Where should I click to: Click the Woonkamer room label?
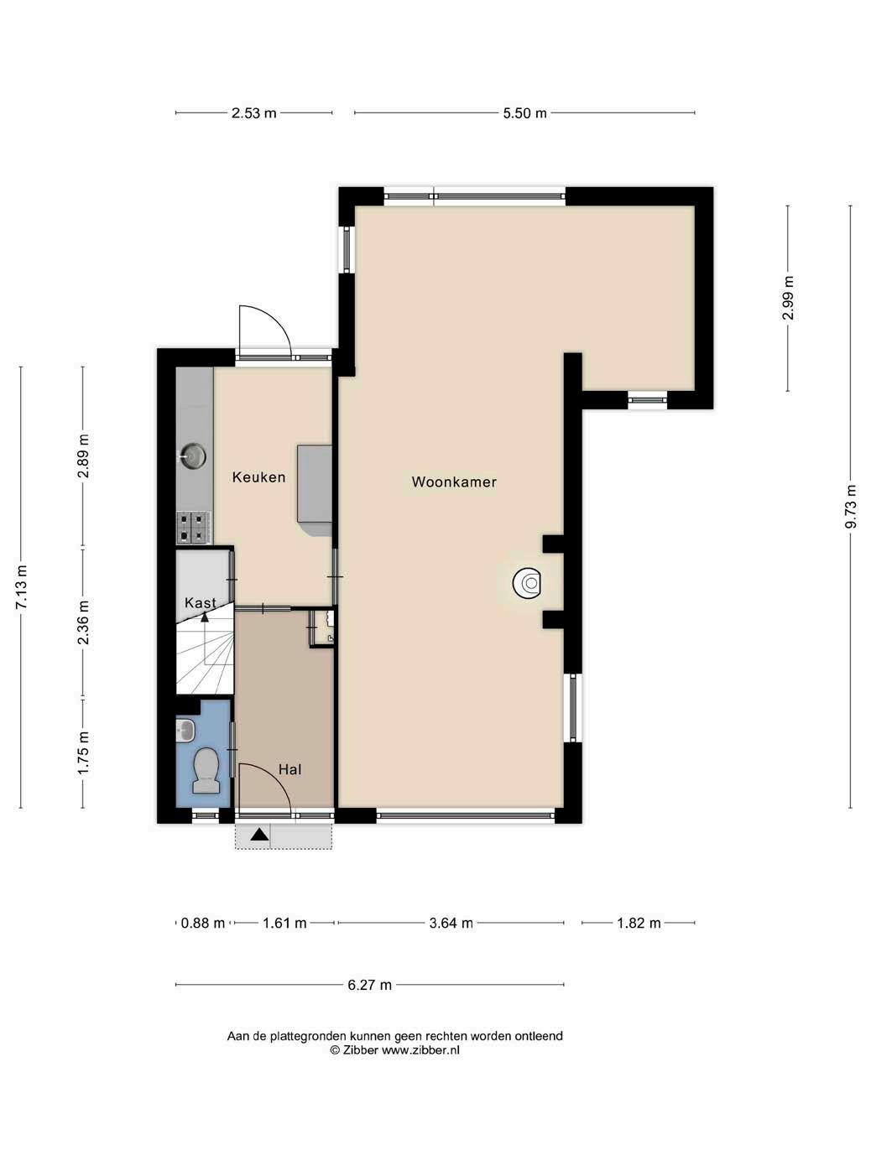point(454,482)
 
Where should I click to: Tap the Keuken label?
point(258,477)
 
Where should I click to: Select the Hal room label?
point(289,769)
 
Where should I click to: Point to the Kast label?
point(201,602)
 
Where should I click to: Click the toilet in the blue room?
point(206,770)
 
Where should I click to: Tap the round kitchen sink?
point(193,456)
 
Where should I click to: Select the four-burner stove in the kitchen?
point(193,528)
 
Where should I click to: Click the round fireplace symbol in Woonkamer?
point(527,583)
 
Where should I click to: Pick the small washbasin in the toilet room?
point(185,731)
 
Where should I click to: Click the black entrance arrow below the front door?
point(259,835)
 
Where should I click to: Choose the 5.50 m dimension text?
point(524,113)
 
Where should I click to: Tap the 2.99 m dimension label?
point(788,298)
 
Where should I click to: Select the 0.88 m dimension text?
point(203,923)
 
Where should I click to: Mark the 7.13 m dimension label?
point(21,587)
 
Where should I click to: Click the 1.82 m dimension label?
point(639,923)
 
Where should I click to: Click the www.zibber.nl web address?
point(420,1050)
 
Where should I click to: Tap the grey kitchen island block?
point(315,490)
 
